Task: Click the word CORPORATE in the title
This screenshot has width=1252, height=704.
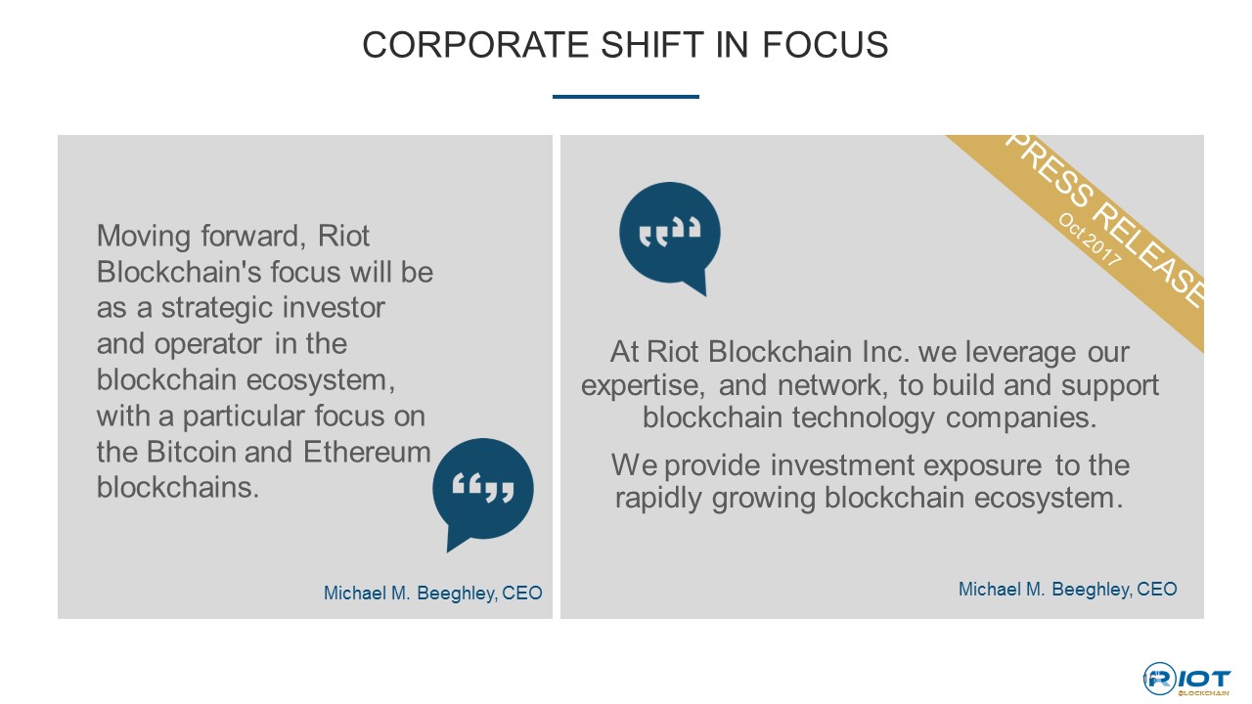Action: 475,45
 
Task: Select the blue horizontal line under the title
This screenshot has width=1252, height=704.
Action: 625,97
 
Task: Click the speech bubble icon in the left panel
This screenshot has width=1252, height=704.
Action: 482,492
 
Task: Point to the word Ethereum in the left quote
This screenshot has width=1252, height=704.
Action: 367,452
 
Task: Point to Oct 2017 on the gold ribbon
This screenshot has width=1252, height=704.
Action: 1090,240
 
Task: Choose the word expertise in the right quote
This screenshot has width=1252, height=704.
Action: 643,385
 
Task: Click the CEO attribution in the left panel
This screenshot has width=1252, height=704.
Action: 432,594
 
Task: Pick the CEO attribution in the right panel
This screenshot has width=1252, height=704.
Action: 1067,590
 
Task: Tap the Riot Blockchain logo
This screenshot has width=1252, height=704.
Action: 1186,680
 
